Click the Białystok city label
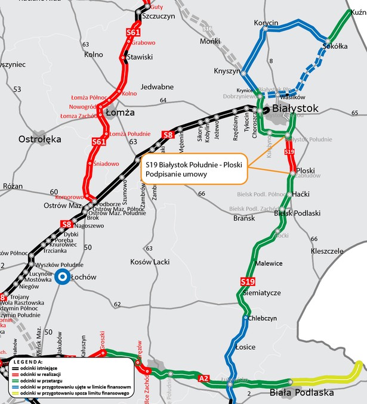[x=295, y=109]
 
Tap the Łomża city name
[x=119, y=112]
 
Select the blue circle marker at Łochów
[x=61, y=277]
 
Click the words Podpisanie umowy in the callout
[x=176, y=174]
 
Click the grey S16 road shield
[x=207, y=29]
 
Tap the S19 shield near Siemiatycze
[x=248, y=281]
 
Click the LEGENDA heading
[x=28, y=361]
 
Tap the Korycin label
[x=266, y=23]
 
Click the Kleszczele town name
[x=327, y=251]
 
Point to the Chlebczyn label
[x=263, y=318]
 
